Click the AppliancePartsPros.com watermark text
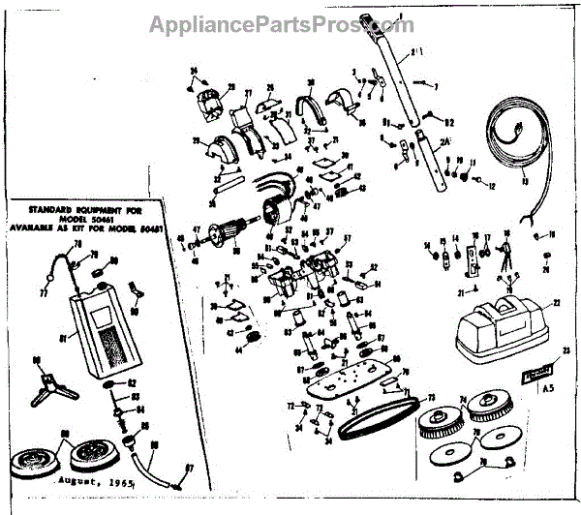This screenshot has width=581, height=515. [x=281, y=22]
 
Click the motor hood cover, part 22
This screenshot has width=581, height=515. [x=498, y=320]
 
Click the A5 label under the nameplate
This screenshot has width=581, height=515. [x=551, y=387]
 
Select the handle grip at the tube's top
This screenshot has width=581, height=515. [x=372, y=19]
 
